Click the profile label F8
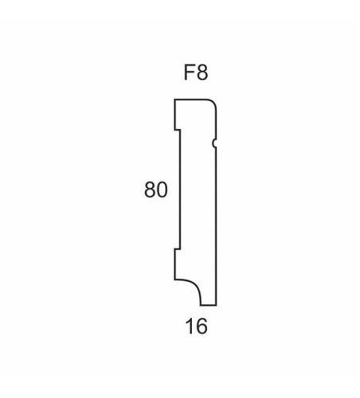point(196,72)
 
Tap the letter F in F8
point(189,72)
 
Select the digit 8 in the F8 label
point(202,72)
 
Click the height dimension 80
point(156,189)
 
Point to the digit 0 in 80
point(162,189)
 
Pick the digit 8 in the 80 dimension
point(150,189)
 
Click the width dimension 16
point(197,326)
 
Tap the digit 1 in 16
point(190,326)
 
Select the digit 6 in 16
point(202,326)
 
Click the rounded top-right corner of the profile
point(214,102)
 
